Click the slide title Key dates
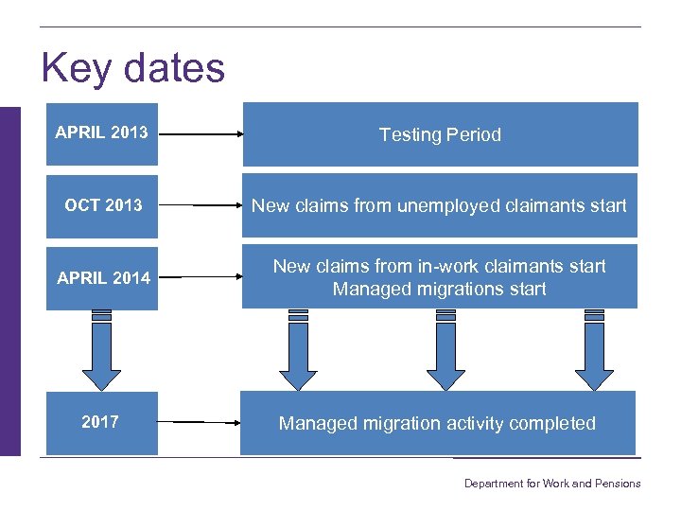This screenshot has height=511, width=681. (133, 69)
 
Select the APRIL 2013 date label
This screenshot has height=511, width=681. (101, 132)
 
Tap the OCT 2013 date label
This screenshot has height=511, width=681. (103, 204)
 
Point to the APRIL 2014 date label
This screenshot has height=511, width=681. (103, 277)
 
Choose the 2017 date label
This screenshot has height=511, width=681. (100, 422)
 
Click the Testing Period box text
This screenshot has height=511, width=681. (440, 134)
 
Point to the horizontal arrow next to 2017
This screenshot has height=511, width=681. (204, 422)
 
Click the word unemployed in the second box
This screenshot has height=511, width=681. (442, 205)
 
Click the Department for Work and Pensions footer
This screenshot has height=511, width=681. (551, 484)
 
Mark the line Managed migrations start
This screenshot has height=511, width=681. (439, 289)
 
